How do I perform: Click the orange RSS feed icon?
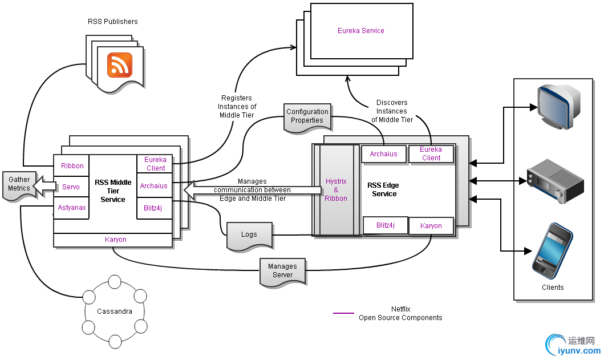point(120,64)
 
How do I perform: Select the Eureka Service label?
point(361,31)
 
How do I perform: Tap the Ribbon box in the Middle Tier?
point(72,166)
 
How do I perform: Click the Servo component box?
point(71,187)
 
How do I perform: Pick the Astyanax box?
point(72,208)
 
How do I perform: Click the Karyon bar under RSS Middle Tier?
point(116,240)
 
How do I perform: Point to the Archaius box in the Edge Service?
point(383,154)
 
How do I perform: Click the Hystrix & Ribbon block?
point(336,189)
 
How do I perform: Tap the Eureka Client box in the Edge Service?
point(431,154)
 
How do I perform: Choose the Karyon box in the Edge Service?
point(431,226)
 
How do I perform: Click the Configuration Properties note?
point(307,116)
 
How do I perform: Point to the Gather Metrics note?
point(19,184)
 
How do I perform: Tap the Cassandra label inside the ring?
point(115,312)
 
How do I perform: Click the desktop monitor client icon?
point(560,107)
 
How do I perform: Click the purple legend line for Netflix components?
point(344,313)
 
